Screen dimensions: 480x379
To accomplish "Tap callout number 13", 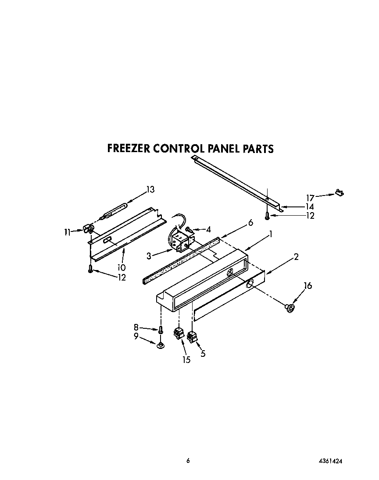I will (150, 189).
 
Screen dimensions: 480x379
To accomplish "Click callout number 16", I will (308, 286).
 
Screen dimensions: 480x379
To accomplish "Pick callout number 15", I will (186, 360).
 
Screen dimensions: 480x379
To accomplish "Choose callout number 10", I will (122, 267).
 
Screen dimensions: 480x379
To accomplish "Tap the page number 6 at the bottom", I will (188, 460).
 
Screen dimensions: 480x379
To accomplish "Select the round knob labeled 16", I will (290, 309).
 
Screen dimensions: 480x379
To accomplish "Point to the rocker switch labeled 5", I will (192, 337).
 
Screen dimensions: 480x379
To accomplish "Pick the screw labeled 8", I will (161, 329).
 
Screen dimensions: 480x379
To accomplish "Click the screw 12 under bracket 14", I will (267, 215).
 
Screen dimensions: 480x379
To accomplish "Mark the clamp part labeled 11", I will (88, 228).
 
